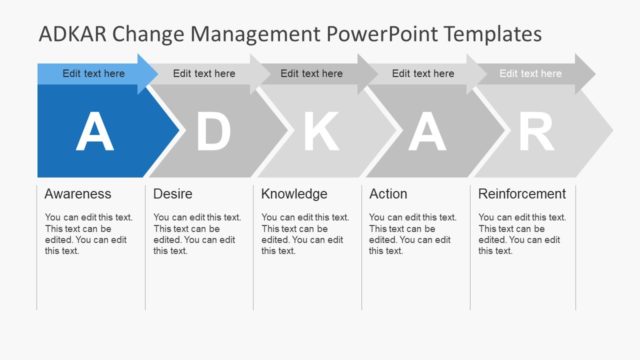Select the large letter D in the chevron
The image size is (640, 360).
pyautogui.click(x=212, y=132)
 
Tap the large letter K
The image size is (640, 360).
pyautogui.click(x=321, y=132)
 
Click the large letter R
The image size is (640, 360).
pyautogui.click(x=536, y=132)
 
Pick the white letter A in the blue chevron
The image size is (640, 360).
pyautogui.click(x=95, y=132)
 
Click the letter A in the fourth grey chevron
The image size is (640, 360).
pyautogui.click(x=427, y=132)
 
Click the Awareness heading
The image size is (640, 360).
pyautogui.click(x=78, y=194)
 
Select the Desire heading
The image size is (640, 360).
pyautogui.click(x=173, y=194)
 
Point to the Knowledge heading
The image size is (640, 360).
pyautogui.click(x=294, y=194)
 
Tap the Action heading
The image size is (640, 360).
pyautogui.click(x=388, y=194)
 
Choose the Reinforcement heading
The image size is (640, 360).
pyautogui.click(x=522, y=194)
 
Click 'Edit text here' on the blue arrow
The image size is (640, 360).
pyautogui.click(x=94, y=73)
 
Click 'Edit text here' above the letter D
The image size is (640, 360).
pyautogui.click(x=204, y=73)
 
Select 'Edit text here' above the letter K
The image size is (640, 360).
pyautogui.click(x=311, y=73)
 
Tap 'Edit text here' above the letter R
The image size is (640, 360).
pyautogui.click(x=530, y=73)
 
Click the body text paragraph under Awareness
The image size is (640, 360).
pyautogui.click(x=88, y=234)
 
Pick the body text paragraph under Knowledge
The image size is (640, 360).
pyautogui.click(x=305, y=234)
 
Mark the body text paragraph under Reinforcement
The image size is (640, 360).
pyautogui.click(x=522, y=234)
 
